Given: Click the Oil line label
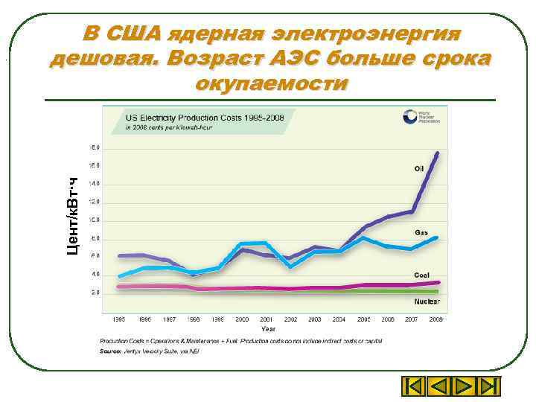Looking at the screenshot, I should click(418, 168).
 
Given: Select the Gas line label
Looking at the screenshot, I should click(421, 233).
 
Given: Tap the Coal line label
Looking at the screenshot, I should click(421, 275).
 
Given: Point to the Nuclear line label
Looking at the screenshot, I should click(427, 301).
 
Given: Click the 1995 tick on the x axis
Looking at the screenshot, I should click(119, 319).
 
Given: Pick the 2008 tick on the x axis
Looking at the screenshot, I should click(436, 319).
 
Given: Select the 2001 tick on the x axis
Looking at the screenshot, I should click(266, 319).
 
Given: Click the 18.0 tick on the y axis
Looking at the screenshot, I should click(96, 147).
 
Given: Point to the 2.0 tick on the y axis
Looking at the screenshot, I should click(96, 293).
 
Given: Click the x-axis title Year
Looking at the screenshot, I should click(268, 328).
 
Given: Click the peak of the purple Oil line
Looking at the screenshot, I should click(437, 153).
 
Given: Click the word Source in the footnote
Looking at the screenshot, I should click(111, 350).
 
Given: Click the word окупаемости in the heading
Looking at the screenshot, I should click(270, 83).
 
